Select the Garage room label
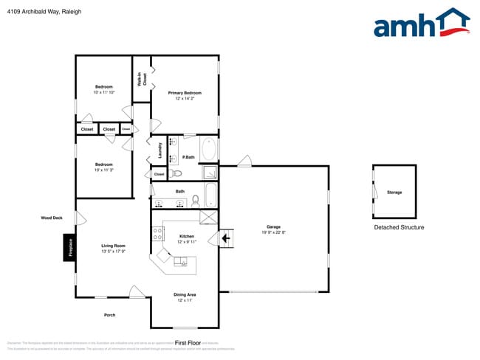click(273, 226)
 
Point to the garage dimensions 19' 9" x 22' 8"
click(273, 232)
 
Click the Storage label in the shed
click(394, 193)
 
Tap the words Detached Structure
click(399, 227)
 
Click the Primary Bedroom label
click(185, 93)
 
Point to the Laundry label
click(160, 150)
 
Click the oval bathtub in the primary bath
click(209, 150)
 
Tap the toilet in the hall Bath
click(196, 200)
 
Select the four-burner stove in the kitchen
click(157, 234)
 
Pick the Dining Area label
click(185, 294)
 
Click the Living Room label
click(113, 246)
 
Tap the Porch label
click(110, 315)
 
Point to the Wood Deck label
click(52, 218)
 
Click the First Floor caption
click(188, 343)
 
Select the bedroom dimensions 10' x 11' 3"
click(103, 170)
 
